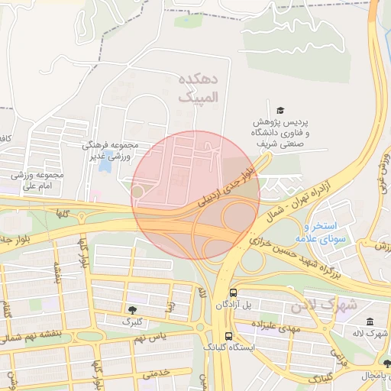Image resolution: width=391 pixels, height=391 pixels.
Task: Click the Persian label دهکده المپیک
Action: pyautogui.click(x=198, y=89)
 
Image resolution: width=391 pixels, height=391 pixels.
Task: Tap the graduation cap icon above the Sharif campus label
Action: pyautogui.click(x=280, y=110)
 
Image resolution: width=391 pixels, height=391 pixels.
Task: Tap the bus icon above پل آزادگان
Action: pyautogui.click(x=233, y=292)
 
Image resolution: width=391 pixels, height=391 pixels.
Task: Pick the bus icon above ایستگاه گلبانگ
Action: pyautogui.click(x=228, y=335)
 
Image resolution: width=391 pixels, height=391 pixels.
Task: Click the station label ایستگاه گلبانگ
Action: pyautogui.click(x=230, y=347)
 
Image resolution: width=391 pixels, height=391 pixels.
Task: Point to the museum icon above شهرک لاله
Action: pyautogui.click(x=370, y=322)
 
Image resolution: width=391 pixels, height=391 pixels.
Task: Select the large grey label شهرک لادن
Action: pyautogui.click(x=323, y=305)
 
